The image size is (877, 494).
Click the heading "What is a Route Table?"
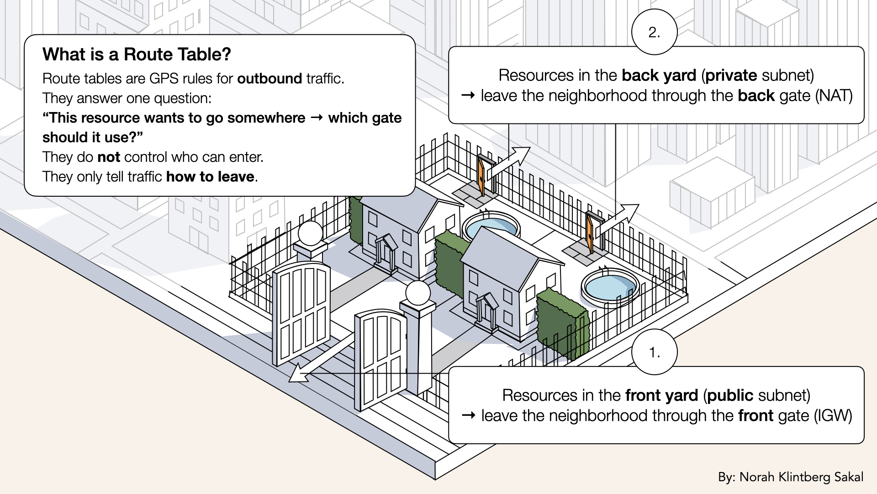pyautogui.click(x=137, y=54)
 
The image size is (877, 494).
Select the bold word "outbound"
pyautogui.click(x=269, y=79)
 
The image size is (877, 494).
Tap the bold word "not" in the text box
pyautogui.click(x=109, y=157)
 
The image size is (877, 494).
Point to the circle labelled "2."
pyautogui.click(x=654, y=32)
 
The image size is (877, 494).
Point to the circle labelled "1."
pyautogui.click(x=654, y=352)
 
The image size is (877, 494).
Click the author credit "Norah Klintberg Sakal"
pyautogui.click(x=801, y=477)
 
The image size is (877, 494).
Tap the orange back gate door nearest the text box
pyautogui.click(x=481, y=175)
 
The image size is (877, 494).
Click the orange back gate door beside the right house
pyautogui.click(x=590, y=234)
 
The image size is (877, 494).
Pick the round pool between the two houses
pyautogui.click(x=491, y=226)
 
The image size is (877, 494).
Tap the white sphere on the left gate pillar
pyautogui.click(x=311, y=233)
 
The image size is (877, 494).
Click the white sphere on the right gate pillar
pyautogui.click(x=417, y=293)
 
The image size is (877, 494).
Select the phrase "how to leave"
pyautogui.click(x=210, y=177)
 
